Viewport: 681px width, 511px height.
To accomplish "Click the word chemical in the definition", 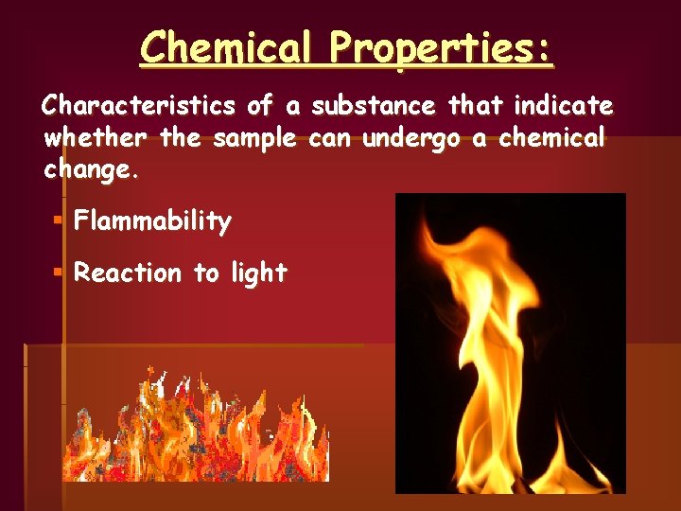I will pos(550,138).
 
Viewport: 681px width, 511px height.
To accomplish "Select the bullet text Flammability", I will pos(152,222).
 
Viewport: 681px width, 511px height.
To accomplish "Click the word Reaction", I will pos(128,273).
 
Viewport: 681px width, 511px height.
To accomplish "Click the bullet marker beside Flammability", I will pos(59,220).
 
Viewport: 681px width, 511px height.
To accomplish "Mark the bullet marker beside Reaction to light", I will pos(59,272).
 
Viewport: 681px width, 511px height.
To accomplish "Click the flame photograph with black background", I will pos(510,343).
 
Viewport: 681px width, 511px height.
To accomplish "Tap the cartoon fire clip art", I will pos(196,427).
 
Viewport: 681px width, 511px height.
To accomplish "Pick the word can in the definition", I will pos(331,139).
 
